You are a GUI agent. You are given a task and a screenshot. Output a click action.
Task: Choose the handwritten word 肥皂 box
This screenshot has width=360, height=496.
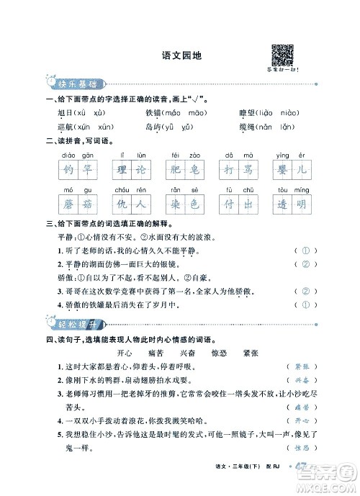tap(183, 170)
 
